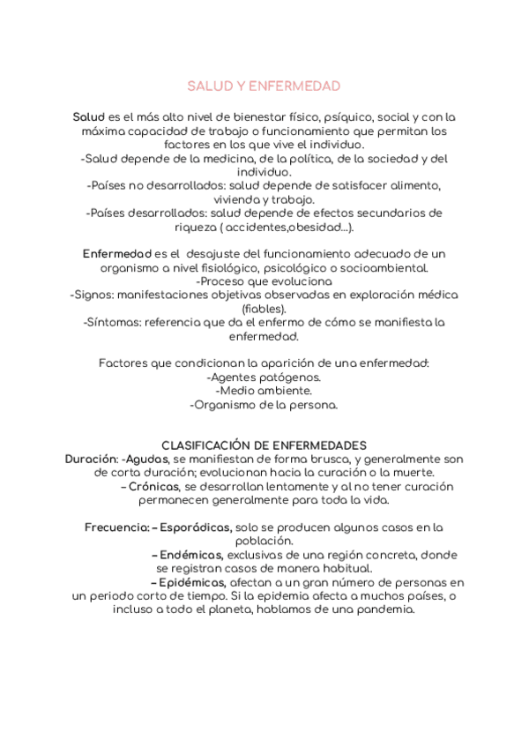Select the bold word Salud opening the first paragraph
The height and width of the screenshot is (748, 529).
[88, 116]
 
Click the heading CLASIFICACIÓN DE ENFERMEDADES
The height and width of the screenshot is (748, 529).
[264, 445]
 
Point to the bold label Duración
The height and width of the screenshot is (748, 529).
[91, 460]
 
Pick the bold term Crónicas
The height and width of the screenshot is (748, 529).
[153, 486]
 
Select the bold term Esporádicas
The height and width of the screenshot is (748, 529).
[197, 527]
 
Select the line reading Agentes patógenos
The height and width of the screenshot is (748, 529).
[264, 378]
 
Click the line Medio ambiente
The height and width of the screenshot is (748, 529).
[264, 391]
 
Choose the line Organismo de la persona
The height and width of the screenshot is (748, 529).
[264, 405]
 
